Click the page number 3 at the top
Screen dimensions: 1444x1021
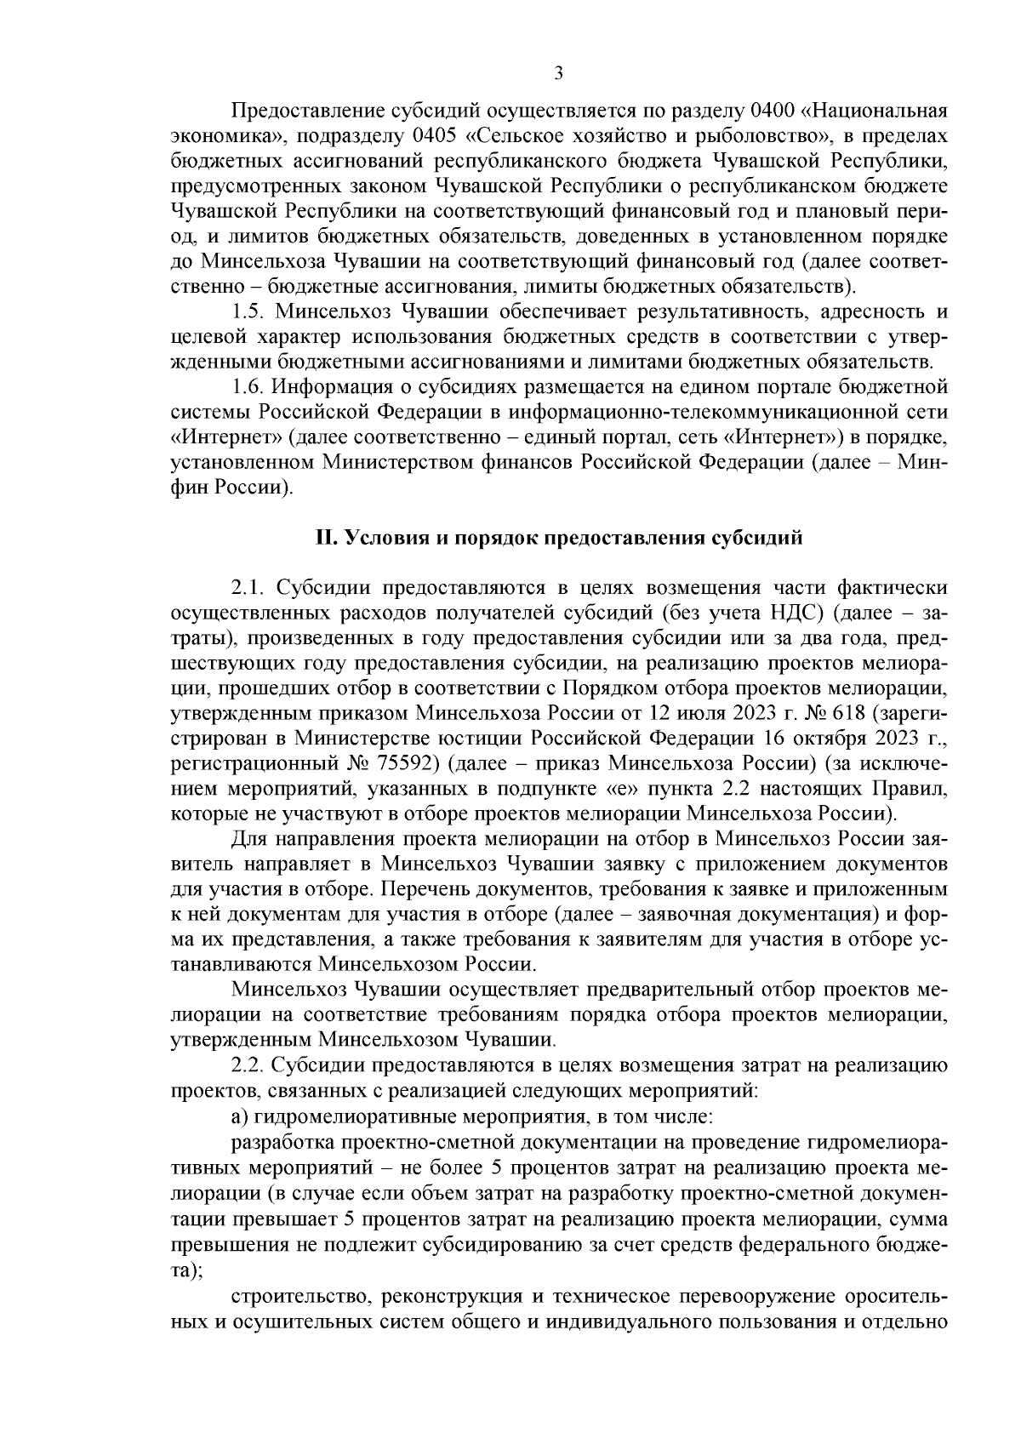pyautogui.click(x=558, y=73)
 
